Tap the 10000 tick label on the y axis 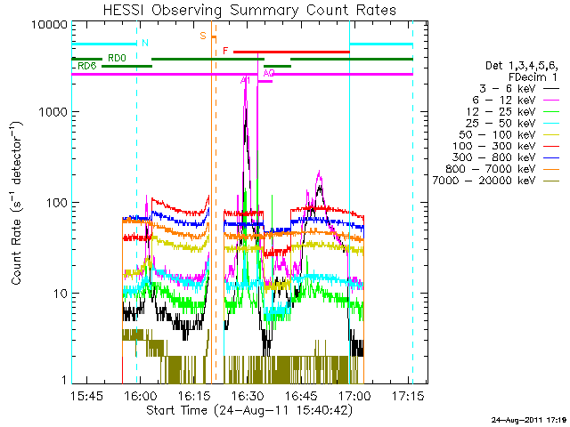click(x=51, y=24)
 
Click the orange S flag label click(x=203, y=36)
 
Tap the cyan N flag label click(x=145, y=43)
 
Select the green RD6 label click(x=87, y=67)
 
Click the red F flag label click(x=226, y=51)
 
